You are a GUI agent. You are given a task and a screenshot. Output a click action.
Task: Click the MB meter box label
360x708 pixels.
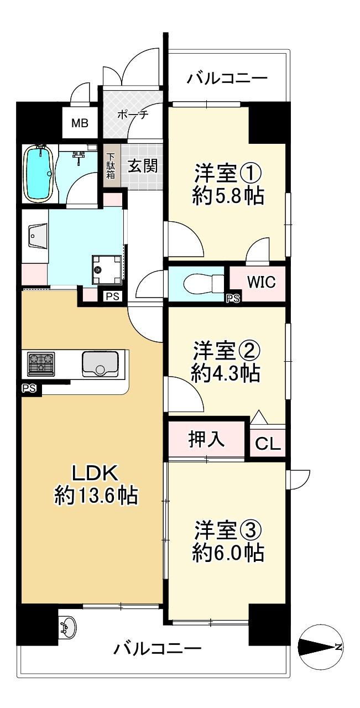click(79, 123)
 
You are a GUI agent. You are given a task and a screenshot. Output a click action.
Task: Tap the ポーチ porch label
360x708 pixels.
click(132, 114)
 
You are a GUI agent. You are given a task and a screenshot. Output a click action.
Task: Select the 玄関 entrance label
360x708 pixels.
click(143, 165)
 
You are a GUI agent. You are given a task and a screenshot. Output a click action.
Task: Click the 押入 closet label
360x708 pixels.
click(207, 439)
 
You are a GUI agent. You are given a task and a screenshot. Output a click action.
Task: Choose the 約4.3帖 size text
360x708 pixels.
click(226, 373)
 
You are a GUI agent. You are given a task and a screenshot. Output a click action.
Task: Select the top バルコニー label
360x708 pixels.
click(227, 78)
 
